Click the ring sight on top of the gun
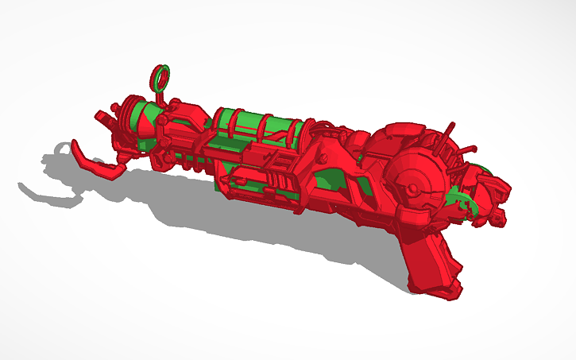coord(161,75)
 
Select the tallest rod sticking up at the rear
coord(450,130)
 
